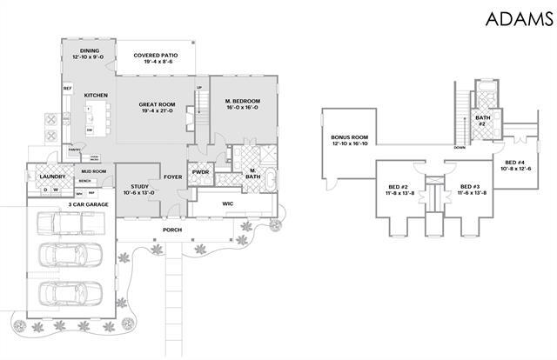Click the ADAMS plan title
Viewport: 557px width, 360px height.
point(516,18)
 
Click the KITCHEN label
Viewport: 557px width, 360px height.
point(95,95)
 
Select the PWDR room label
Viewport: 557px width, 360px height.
point(201,171)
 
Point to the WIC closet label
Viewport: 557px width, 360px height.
point(229,204)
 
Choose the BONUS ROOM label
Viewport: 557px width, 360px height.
point(350,141)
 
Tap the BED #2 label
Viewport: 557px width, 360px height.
point(399,189)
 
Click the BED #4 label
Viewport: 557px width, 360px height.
point(516,165)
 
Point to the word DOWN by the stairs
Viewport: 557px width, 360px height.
point(458,147)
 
